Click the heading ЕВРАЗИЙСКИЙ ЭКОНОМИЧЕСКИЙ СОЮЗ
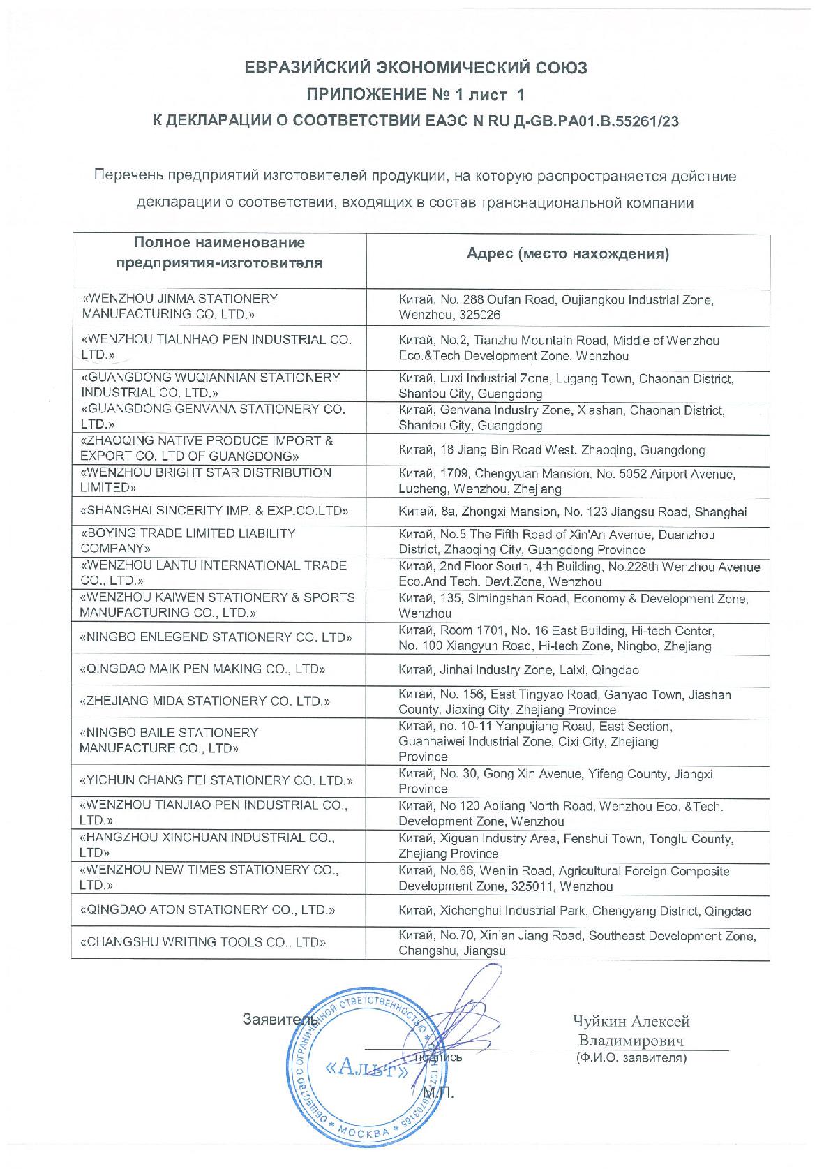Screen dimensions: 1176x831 coord(415,68)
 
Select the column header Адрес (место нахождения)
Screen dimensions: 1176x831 coord(568,254)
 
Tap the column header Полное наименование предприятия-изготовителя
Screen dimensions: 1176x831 coord(220,253)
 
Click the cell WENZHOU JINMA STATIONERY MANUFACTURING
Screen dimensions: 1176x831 coord(179,306)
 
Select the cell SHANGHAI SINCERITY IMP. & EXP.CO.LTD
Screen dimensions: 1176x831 coord(215,511)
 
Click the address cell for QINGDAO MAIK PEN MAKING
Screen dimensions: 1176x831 coord(518,670)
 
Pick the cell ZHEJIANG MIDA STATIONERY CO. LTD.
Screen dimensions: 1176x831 coord(205,701)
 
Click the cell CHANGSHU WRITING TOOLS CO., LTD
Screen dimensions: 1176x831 coord(204,942)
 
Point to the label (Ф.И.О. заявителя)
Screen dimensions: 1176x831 coord(631,1059)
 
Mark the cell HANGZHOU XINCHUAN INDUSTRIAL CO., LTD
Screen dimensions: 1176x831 coord(207,844)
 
